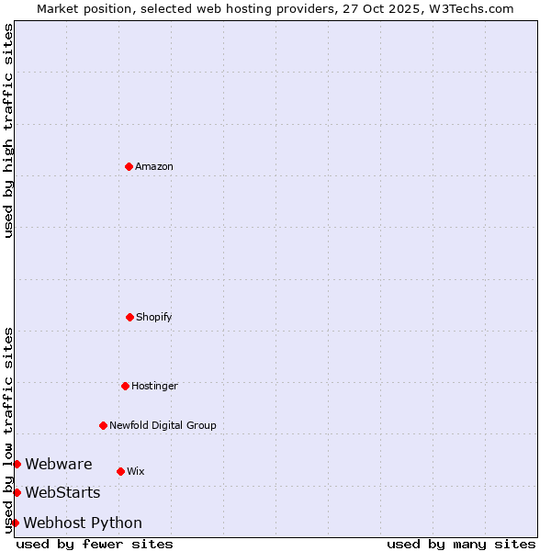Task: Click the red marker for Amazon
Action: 129,166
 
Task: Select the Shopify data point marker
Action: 129,317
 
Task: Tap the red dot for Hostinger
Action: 125,386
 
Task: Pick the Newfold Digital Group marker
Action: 103,425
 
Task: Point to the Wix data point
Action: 120,471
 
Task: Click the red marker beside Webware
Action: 17,464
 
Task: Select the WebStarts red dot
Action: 17,493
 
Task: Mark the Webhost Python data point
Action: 15,523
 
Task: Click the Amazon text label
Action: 154,166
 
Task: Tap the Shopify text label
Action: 154,317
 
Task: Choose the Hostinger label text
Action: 154,386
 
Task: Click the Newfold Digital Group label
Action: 163,425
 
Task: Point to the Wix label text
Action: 136,471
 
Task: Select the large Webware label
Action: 59,464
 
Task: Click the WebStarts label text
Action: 62,493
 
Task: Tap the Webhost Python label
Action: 83,523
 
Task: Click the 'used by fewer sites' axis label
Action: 95,544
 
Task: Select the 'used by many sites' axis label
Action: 461,544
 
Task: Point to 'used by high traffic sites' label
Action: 8,130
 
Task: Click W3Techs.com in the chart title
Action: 468,8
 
